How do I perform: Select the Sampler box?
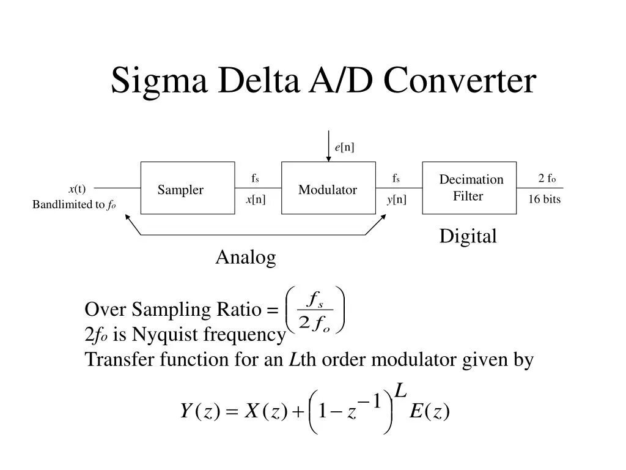(187, 188)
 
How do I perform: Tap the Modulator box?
(328, 188)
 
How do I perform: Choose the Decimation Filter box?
(469, 188)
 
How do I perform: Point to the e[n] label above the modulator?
(344, 147)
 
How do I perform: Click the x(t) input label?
(77, 188)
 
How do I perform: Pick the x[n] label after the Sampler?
(256, 200)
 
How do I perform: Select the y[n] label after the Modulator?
(396, 200)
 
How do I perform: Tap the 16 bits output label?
(544, 200)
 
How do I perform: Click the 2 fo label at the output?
(547, 179)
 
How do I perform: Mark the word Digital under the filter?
(468, 237)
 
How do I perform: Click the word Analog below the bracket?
(245, 258)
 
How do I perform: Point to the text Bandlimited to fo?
(74, 205)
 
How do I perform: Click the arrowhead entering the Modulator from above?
(328, 158)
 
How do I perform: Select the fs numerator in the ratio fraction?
(315, 300)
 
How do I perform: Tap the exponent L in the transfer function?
(401, 390)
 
